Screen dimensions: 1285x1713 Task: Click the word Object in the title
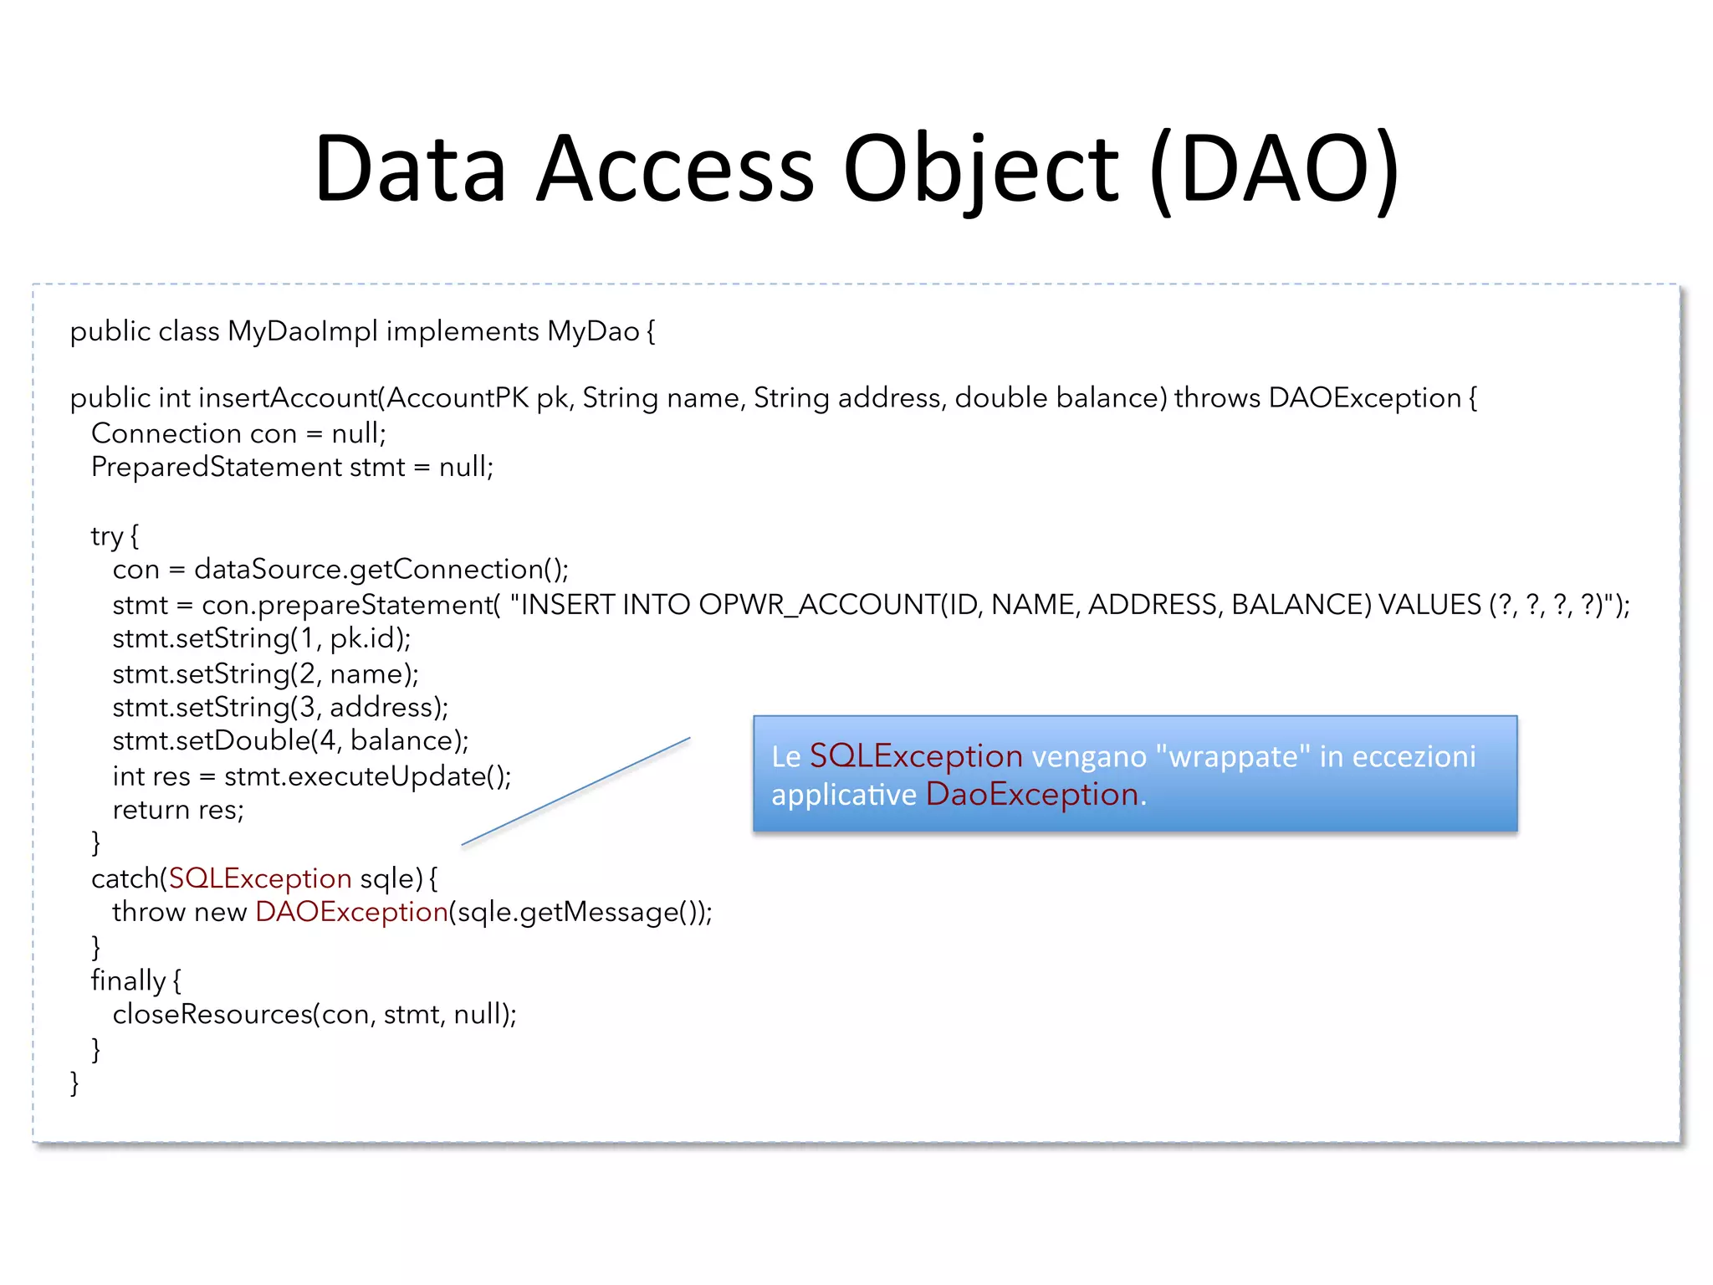(980, 170)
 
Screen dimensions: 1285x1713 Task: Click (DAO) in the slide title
(1275, 170)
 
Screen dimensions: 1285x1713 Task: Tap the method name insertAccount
(288, 398)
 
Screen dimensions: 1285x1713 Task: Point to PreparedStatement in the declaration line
(217, 467)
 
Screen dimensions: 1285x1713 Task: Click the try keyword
(107, 536)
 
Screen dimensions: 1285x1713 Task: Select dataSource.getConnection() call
(381, 570)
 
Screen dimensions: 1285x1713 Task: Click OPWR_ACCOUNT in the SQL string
(819, 605)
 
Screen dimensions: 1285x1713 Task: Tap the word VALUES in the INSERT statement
(1429, 605)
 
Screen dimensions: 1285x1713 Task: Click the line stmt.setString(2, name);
(265, 673)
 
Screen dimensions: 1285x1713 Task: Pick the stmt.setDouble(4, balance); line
(290, 741)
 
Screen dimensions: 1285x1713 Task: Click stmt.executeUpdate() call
(367, 776)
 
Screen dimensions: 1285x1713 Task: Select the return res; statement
(178, 810)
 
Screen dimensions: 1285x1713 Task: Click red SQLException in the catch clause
(260, 878)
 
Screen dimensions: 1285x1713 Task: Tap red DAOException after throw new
(351, 912)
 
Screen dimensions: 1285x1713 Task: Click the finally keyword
(128, 980)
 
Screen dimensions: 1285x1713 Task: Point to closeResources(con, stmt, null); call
(314, 1015)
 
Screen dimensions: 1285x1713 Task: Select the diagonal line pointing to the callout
(575, 791)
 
